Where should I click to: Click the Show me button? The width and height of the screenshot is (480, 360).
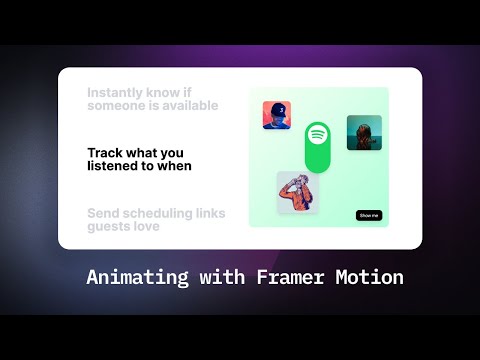click(369, 215)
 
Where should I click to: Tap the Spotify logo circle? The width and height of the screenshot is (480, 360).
click(317, 133)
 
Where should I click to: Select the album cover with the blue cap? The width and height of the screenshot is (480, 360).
click(276, 115)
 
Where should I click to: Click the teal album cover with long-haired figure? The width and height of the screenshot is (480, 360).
click(364, 132)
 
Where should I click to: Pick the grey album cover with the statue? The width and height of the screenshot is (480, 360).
click(297, 192)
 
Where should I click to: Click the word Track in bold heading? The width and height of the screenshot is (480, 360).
click(105, 153)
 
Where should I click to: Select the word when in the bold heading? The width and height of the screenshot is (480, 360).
click(173, 166)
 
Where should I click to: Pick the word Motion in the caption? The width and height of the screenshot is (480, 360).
click(366, 277)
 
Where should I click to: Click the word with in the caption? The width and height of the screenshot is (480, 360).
click(213, 277)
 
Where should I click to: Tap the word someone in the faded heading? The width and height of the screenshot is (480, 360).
click(117, 106)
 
